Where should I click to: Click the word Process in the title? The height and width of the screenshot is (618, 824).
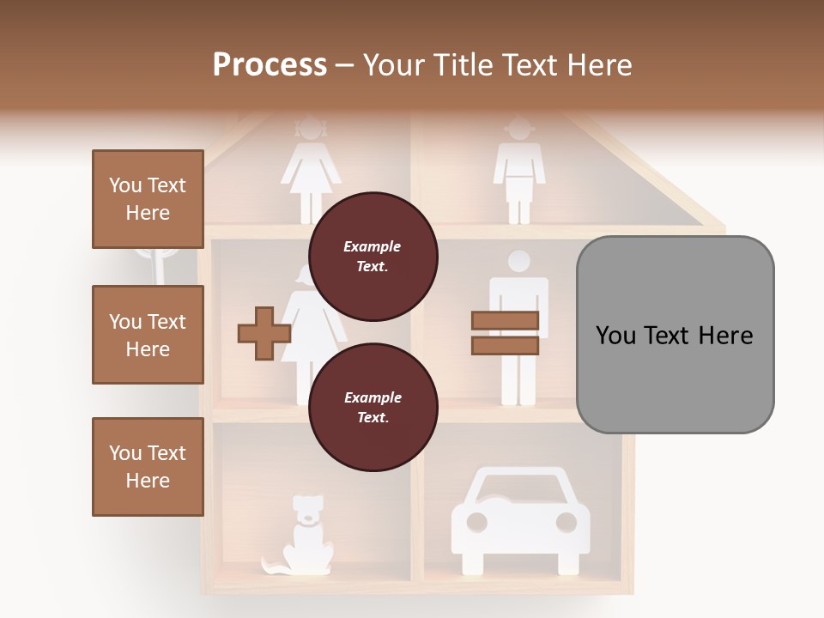(270, 65)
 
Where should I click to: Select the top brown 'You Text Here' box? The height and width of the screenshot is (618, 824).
(148, 199)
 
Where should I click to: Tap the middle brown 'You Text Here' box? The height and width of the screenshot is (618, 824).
(148, 335)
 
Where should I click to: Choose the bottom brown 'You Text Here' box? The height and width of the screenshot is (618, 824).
(148, 467)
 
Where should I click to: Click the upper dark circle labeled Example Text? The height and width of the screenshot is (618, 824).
(373, 256)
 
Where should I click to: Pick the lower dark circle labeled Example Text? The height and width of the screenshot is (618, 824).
(373, 407)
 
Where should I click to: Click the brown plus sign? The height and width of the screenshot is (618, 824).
(264, 333)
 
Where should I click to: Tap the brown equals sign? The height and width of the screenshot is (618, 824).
(505, 333)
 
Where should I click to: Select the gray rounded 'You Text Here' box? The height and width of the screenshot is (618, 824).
(675, 334)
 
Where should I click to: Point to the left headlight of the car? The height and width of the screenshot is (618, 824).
(476, 522)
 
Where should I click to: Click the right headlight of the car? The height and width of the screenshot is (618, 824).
(566, 522)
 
